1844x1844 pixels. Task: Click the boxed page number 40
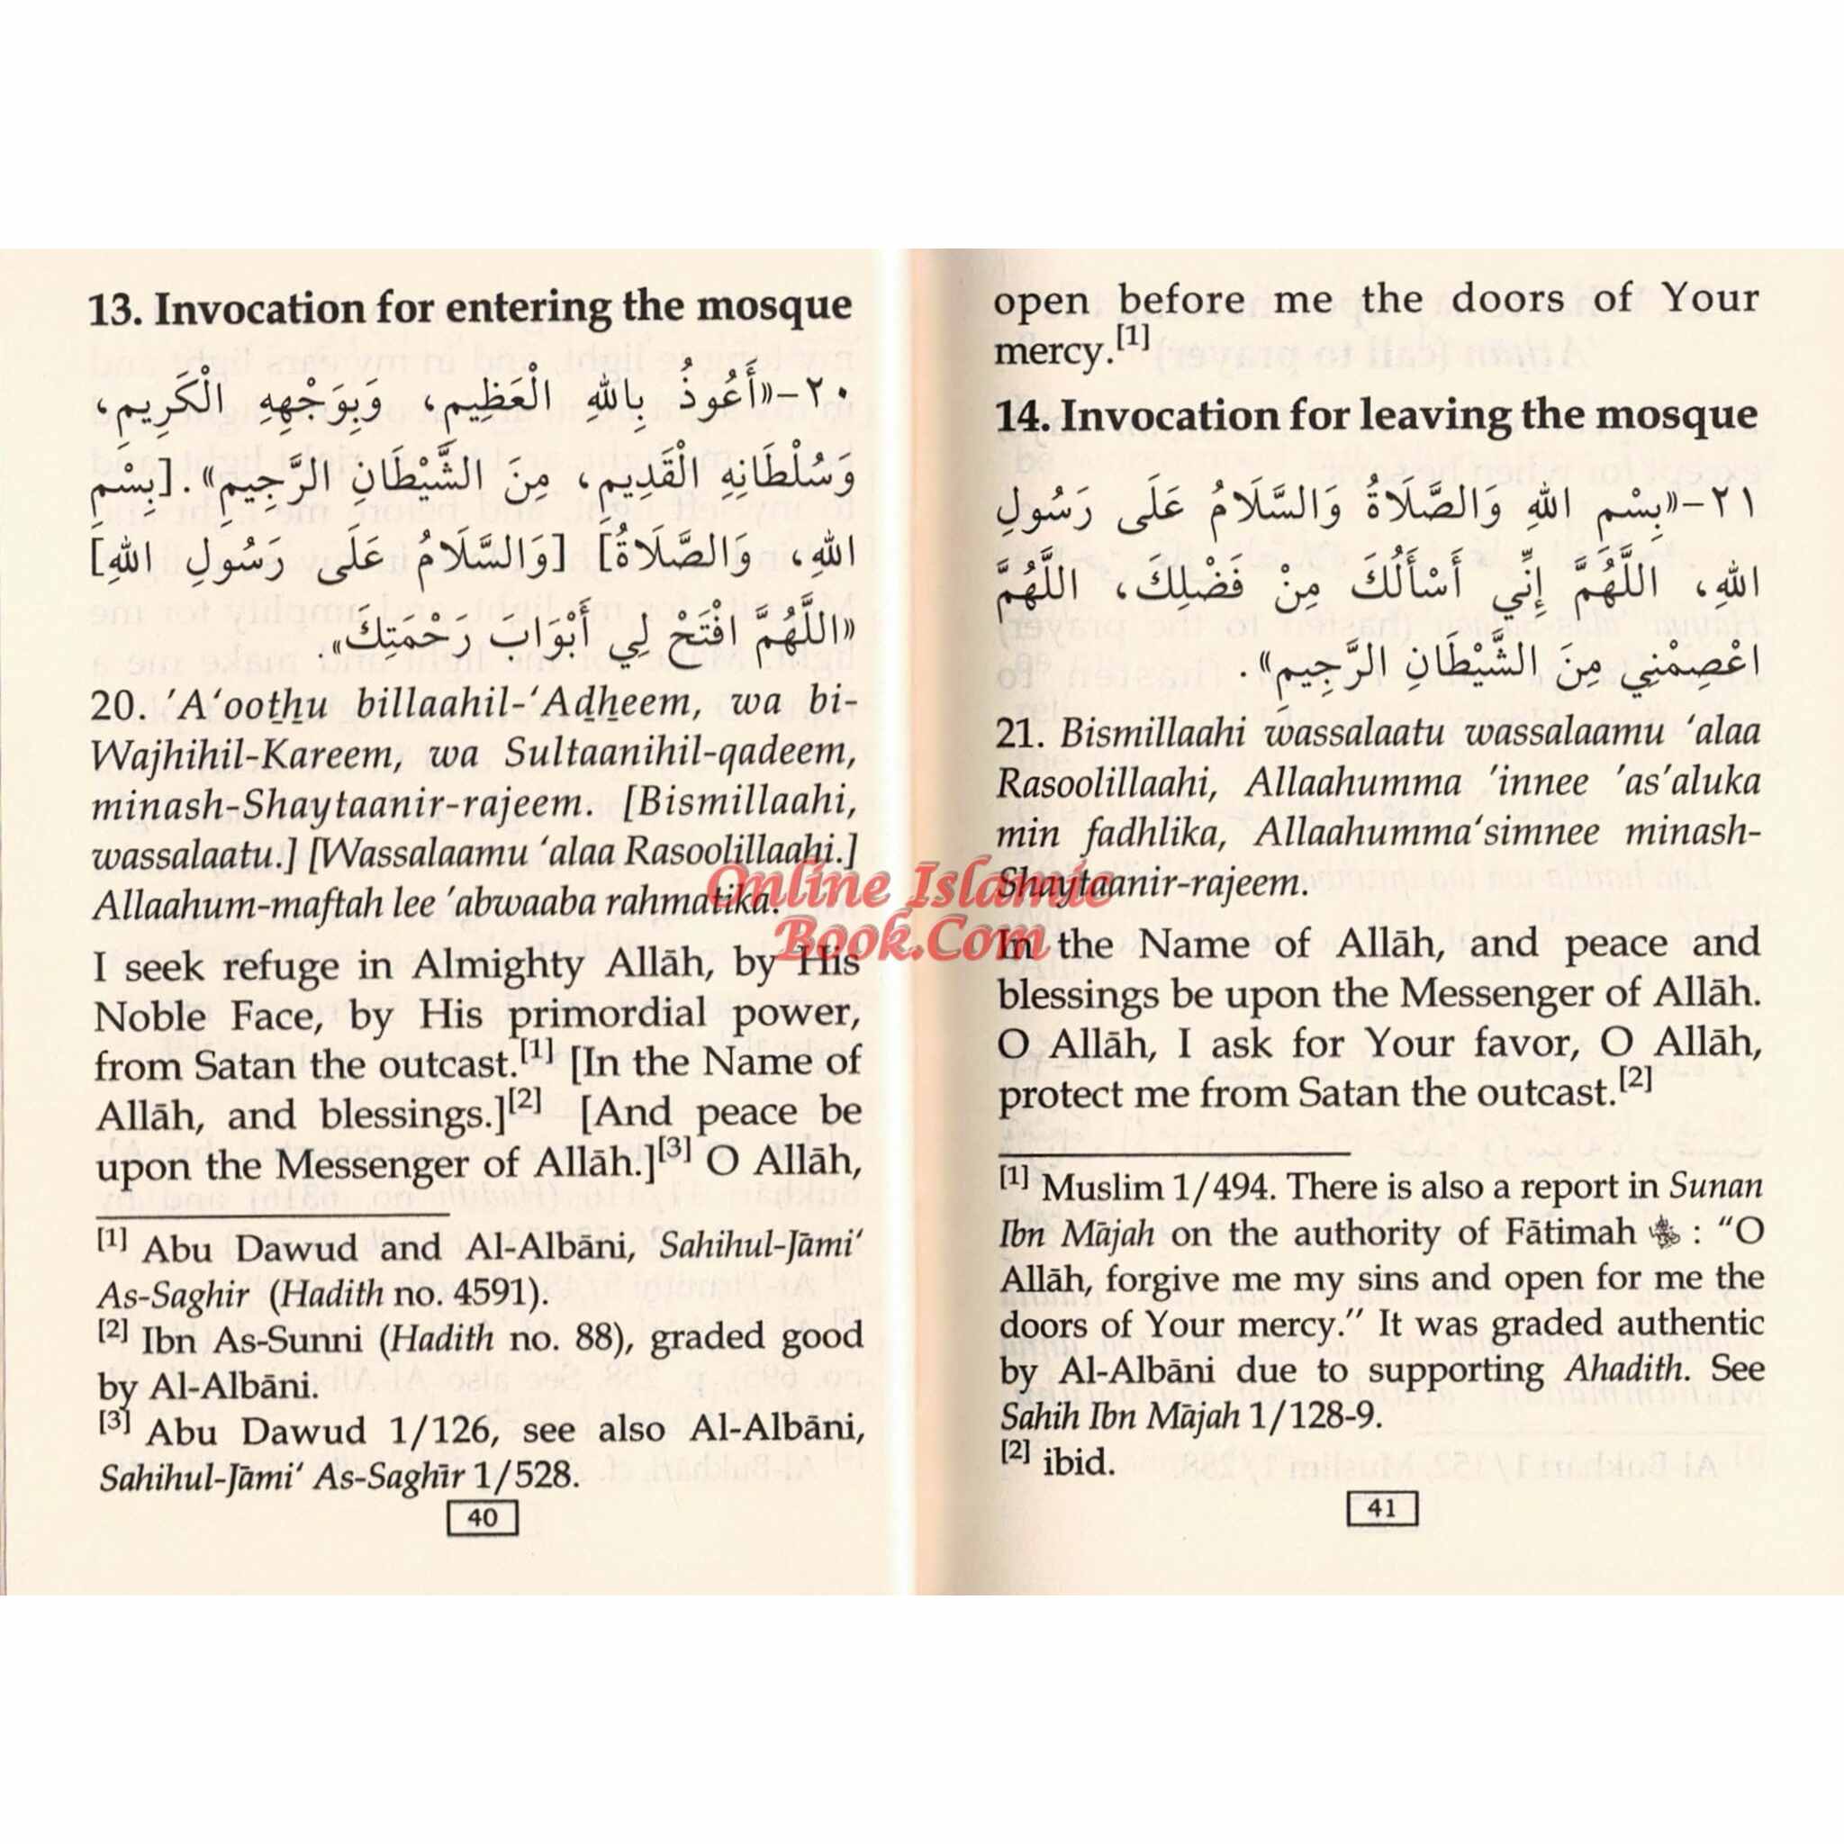482,1517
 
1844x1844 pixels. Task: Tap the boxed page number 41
1381,1509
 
